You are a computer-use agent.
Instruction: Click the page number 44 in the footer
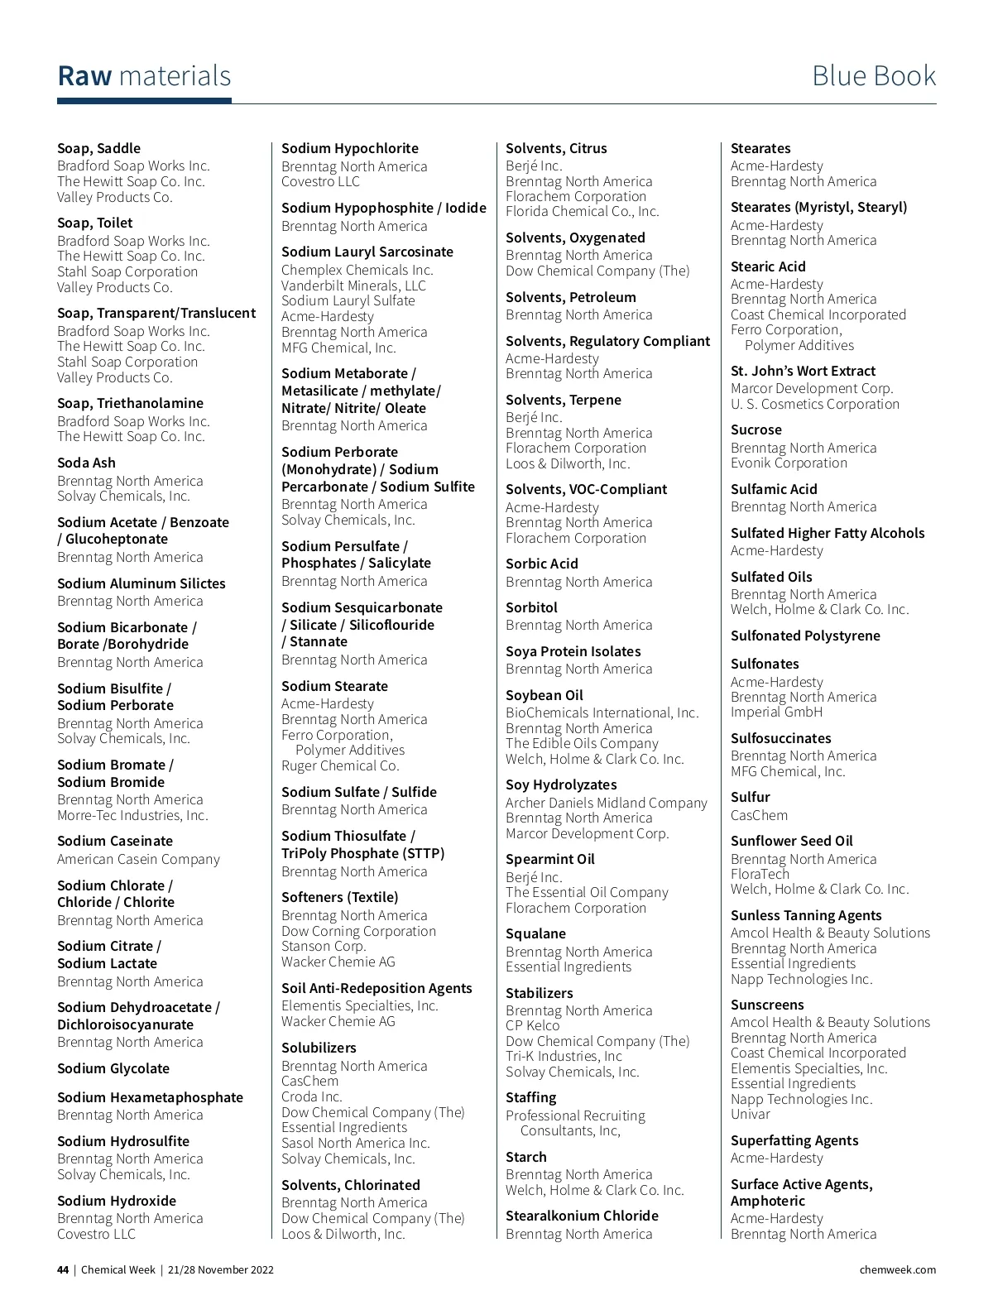63,1269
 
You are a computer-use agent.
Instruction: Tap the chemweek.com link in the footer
897,1269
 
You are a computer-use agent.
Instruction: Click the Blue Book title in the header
873,76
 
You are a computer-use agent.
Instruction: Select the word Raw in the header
84,76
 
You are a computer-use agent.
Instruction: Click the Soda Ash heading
86,463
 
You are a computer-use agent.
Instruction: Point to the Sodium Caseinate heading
115,841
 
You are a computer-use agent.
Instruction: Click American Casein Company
138,859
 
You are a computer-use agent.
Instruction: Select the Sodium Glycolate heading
113,1068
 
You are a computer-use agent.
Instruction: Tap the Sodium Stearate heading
334,686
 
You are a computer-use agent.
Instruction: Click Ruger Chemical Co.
340,765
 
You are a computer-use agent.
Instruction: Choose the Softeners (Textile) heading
339,897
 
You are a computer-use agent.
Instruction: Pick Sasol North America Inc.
356,1143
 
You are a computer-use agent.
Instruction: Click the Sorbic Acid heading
542,564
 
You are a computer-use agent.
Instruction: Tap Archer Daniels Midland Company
607,803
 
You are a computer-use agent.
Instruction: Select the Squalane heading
535,933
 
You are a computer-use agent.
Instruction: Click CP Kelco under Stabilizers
532,1025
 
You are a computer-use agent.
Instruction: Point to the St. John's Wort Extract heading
803,371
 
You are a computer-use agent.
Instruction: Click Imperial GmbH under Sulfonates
776,712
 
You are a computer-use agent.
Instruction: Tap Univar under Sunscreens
751,1114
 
